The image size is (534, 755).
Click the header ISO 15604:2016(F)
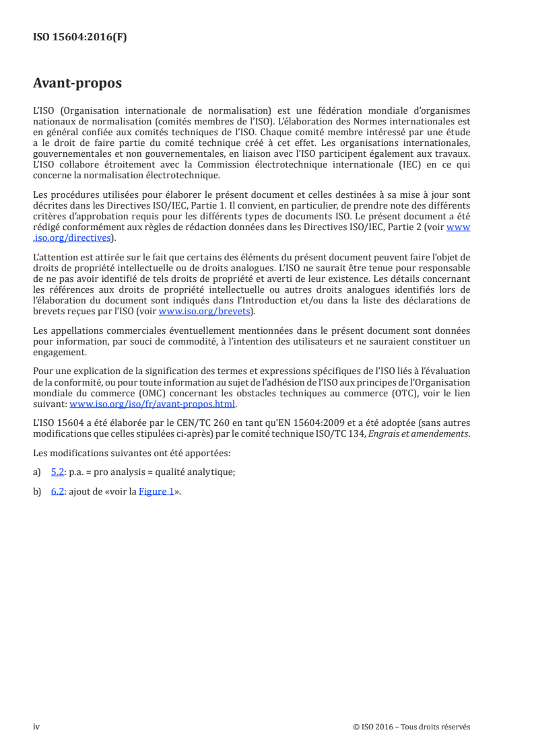[79, 38]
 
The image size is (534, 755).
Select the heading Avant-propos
[77, 83]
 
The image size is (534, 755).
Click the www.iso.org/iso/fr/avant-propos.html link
[153, 404]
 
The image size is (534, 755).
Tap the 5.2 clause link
[57, 472]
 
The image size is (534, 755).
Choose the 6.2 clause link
[57, 491]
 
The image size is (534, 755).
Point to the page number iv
[36, 727]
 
